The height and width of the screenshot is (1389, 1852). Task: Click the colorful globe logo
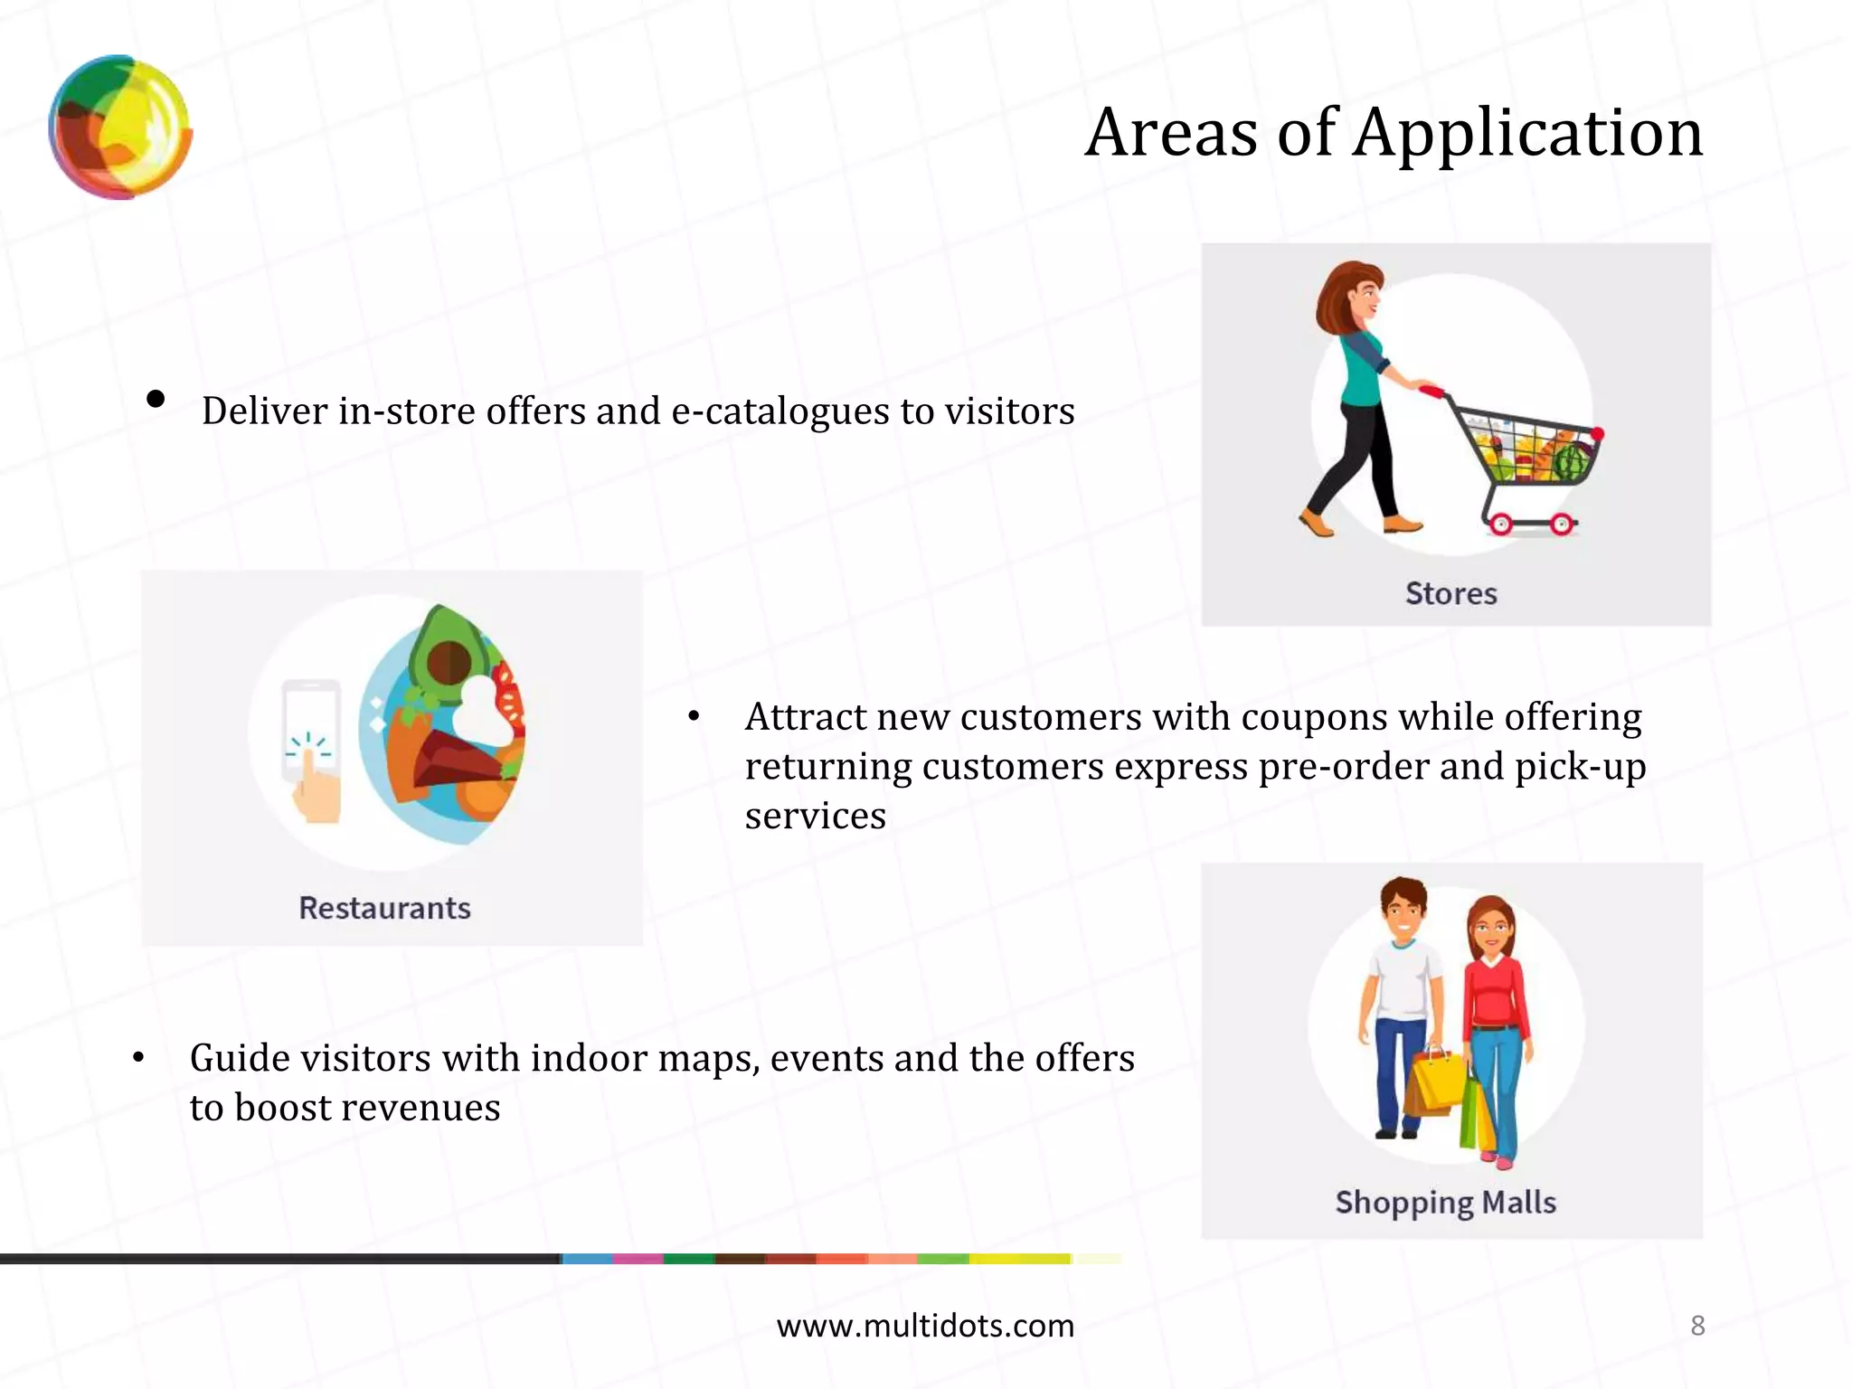click(x=120, y=128)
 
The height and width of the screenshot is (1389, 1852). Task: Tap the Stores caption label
click(x=1450, y=594)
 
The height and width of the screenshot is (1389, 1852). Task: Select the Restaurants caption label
click(x=384, y=908)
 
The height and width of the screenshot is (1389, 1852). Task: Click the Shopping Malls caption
click(x=1445, y=1203)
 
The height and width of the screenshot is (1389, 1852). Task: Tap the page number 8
click(x=1697, y=1326)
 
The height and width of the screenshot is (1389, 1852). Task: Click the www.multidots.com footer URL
click(x=925, y=1326)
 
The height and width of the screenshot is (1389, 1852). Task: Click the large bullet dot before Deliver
click(x=156, y=399)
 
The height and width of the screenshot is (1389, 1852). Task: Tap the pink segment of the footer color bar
click(x=638, y=1259)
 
